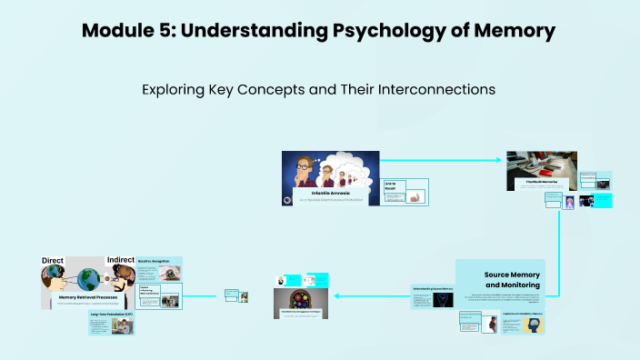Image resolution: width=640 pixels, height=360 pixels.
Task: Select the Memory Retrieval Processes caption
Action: [x=89, y=296]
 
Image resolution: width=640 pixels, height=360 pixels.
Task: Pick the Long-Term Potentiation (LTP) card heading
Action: [x=112, y=315]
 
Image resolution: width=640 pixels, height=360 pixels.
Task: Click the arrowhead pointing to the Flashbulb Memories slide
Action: [x=498, y=161]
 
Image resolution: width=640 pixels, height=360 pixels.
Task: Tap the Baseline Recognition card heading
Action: [x=161, y=261]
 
